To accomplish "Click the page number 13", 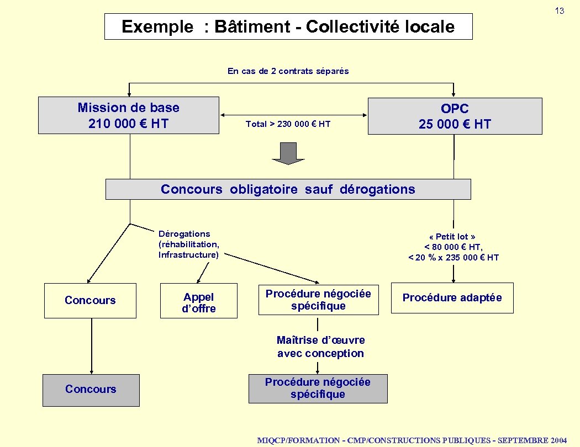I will pos(560,11).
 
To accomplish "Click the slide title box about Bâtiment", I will pos(288,26).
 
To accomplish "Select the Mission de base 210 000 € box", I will pos(129,115).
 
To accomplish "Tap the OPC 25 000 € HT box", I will pos(455,116).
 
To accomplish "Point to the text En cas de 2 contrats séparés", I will pos(288,71).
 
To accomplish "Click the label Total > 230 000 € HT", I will pos(288,124).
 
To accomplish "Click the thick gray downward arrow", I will pos(288,153).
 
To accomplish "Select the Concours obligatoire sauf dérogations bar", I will pos(288,189).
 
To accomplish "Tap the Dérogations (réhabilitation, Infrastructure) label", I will pos(189,244).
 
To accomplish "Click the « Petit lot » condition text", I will pos(453,247).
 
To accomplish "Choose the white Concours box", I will pos(90,300).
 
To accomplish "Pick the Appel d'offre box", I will pos(199,303).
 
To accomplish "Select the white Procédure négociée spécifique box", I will pos(318,300).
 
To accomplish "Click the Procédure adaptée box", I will pos(452,298).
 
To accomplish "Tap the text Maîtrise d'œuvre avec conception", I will pos(320,347).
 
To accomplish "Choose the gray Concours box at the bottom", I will pos(91,390).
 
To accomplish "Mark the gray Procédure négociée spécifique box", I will pos(318,389).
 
